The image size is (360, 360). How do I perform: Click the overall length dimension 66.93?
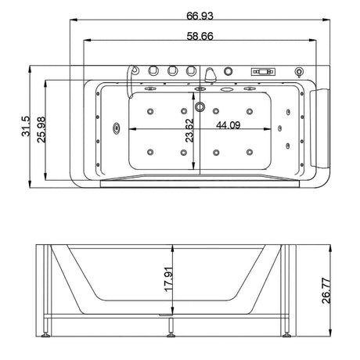click(x=200, y=16)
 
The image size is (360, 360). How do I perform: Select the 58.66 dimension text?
click(x=200, y=36)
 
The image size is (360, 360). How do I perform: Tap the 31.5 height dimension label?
click(x=26, y=126)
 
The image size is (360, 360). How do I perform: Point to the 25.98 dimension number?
click(x=41, y=130)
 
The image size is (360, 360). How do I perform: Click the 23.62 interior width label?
click(x=189, y=130)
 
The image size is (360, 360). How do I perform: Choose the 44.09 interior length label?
click(x=229, y=125)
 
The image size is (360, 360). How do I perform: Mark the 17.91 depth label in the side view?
click(x=168, y=279)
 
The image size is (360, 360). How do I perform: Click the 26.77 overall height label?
click(x=326, y=290)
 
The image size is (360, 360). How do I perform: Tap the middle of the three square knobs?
click(x=172, y=70)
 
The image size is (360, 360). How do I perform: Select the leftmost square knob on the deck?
click(x=153, y=70)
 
